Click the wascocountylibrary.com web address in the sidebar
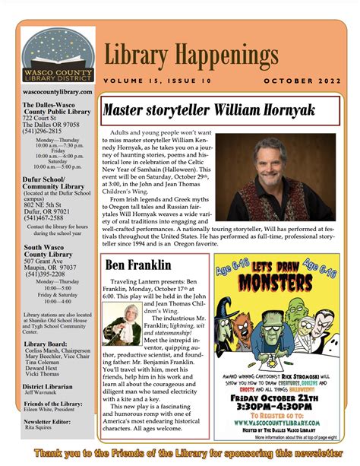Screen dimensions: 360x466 58,92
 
